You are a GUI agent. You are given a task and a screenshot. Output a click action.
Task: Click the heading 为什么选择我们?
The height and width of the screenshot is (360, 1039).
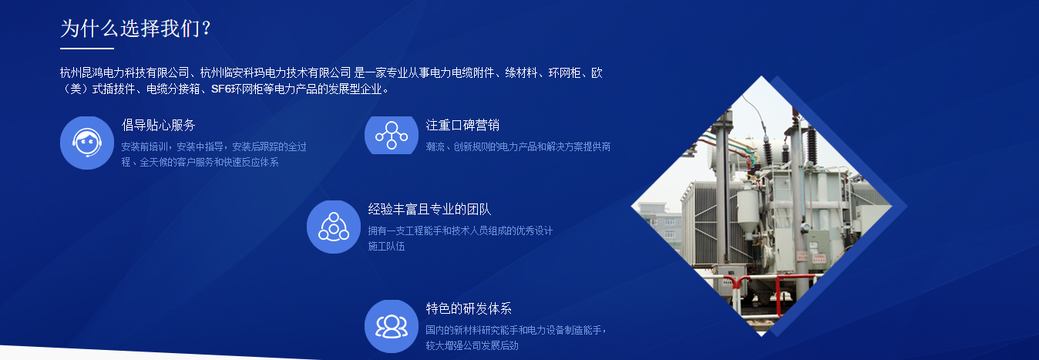tap(136, 29)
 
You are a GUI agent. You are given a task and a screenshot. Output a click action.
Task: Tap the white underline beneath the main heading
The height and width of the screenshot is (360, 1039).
tap(87, 48)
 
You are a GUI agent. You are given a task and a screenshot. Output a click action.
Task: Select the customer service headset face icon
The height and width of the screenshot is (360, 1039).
tap(87, 143)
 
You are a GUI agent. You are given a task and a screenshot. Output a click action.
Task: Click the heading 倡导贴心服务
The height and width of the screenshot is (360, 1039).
tap(159, 125)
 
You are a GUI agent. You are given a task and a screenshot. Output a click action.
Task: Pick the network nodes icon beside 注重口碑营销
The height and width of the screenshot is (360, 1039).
tap(392, 135)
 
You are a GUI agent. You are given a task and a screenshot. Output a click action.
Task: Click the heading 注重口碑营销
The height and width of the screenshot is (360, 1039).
tap(462, 125)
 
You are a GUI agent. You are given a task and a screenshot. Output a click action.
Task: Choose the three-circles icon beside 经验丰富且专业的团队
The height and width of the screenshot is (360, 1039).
tap(334, 227)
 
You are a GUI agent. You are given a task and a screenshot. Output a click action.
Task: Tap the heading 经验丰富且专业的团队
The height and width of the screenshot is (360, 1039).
tap(429, 209)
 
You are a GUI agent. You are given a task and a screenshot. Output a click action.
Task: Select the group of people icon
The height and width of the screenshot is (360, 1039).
tap(392, 327)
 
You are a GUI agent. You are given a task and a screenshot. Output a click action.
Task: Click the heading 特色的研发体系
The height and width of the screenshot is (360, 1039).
tap(469, 308)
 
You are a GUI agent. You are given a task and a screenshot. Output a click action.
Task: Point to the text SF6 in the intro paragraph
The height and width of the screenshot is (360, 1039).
tap(221, 89)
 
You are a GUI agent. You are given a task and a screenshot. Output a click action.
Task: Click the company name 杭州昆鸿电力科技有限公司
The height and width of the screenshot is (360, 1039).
tap(125, 72)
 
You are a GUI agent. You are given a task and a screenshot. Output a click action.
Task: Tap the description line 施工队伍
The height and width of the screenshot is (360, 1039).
tap(386, 247)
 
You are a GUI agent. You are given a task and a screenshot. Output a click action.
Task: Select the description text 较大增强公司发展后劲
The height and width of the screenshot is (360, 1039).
tap(472, 345)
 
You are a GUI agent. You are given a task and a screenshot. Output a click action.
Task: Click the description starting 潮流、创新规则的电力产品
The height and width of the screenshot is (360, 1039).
tap(518, 147)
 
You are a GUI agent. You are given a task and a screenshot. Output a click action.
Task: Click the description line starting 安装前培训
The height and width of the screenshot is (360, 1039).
tap(214, 147)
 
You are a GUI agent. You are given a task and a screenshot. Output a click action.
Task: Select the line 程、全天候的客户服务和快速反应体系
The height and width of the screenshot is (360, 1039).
tap(200, 163)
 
